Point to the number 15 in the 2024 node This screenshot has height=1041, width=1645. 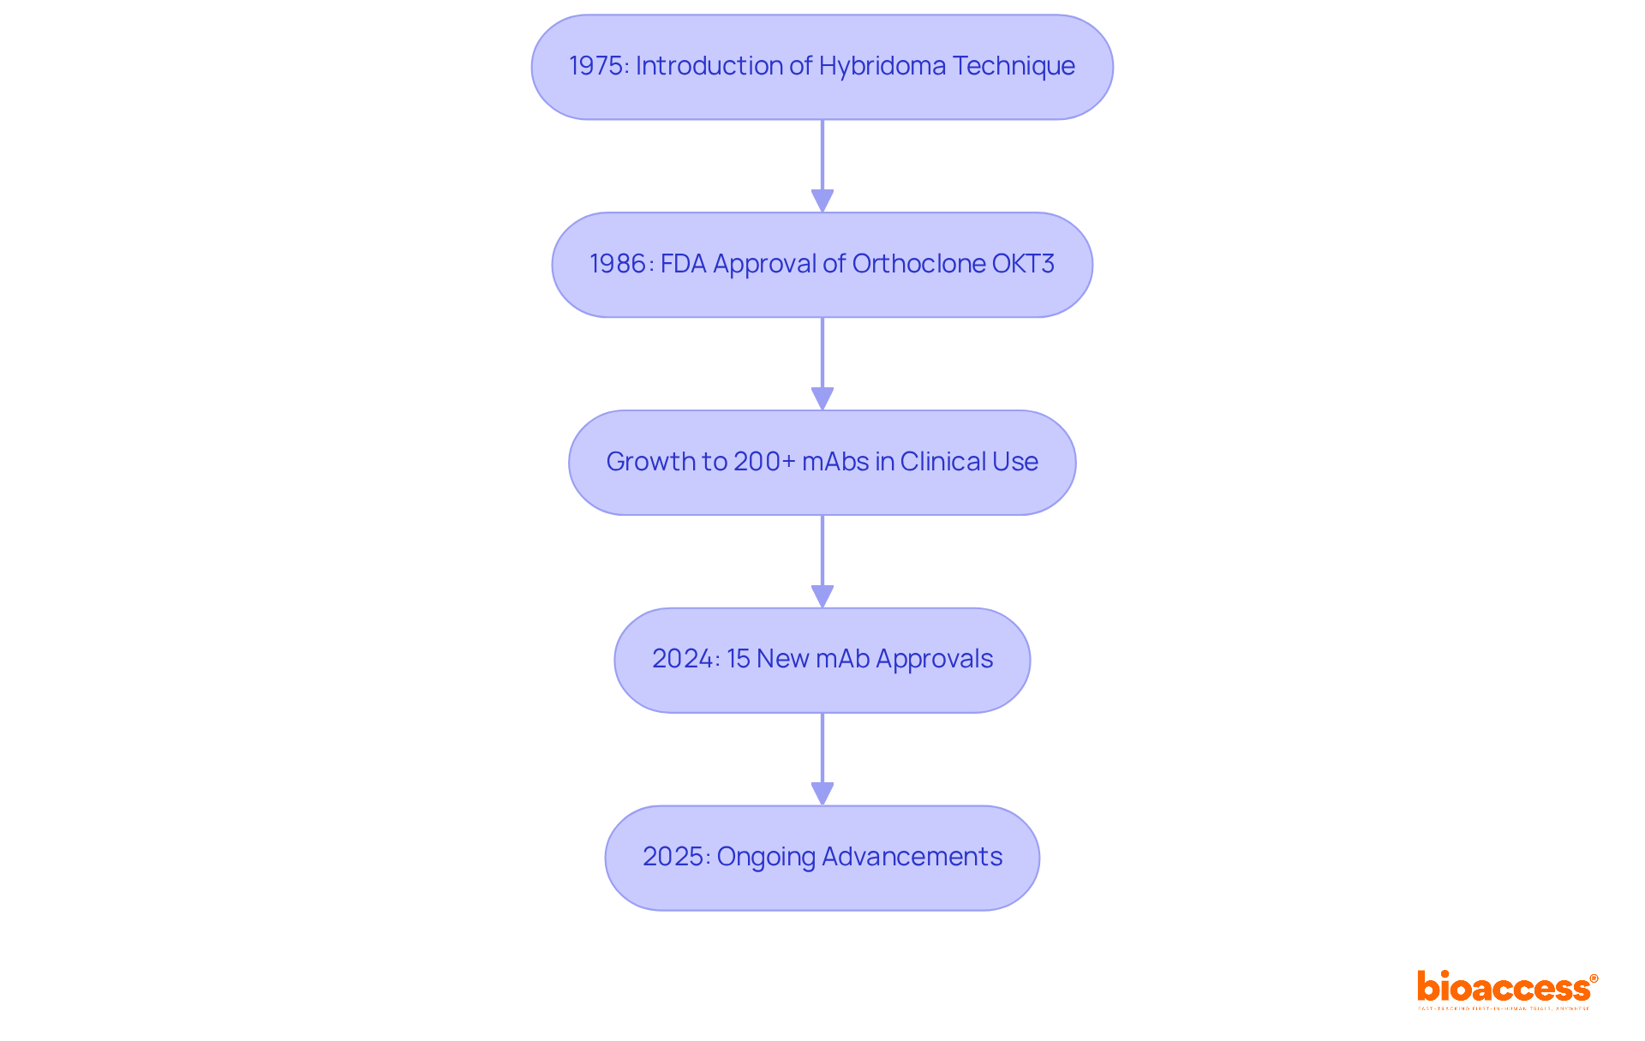[x=739, y=659]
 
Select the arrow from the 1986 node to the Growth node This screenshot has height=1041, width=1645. [x=822, y=363]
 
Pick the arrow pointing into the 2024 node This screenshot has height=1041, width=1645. [x=822, y=561]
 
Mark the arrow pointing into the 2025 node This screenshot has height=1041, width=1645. [x=822, y=759]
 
